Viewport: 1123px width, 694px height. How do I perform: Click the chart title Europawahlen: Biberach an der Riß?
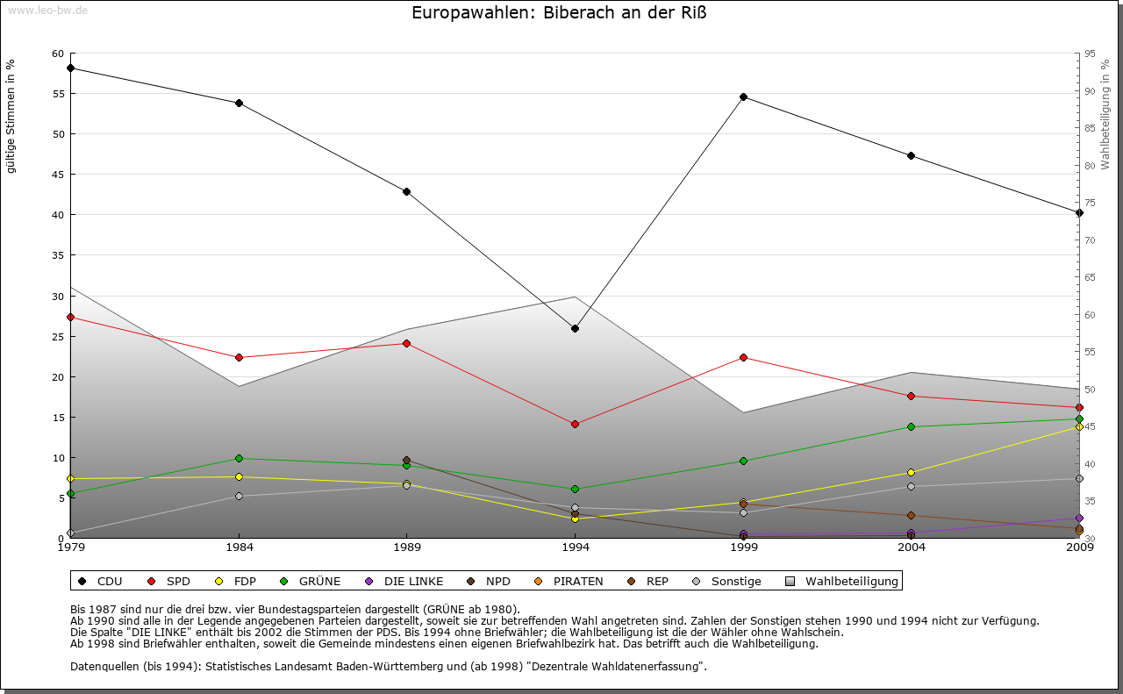coord(559,13)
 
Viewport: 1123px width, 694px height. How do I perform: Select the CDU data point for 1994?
coord(575,328)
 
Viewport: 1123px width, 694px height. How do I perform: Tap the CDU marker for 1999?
coord(743,97)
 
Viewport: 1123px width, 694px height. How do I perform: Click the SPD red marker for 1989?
coord(406,343)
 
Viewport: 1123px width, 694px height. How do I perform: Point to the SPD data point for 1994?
coord(575,424)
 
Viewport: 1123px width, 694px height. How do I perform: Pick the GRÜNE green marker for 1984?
coord(239,458)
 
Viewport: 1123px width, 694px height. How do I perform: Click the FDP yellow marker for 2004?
coord(912,472)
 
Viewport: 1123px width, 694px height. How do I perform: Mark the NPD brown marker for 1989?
coord(406,461)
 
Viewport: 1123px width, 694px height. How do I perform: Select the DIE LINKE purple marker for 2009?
coord(1079,518)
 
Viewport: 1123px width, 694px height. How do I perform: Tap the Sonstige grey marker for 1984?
coord(239,496)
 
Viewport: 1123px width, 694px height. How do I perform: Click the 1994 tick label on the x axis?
coord(576,548)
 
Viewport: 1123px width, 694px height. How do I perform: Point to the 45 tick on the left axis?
coord(58,175)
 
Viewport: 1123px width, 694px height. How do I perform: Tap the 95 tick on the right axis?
coord(1089,54)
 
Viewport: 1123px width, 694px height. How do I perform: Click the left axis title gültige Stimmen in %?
coord(11,116)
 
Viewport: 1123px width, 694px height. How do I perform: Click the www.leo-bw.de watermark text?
coord(45,10)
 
